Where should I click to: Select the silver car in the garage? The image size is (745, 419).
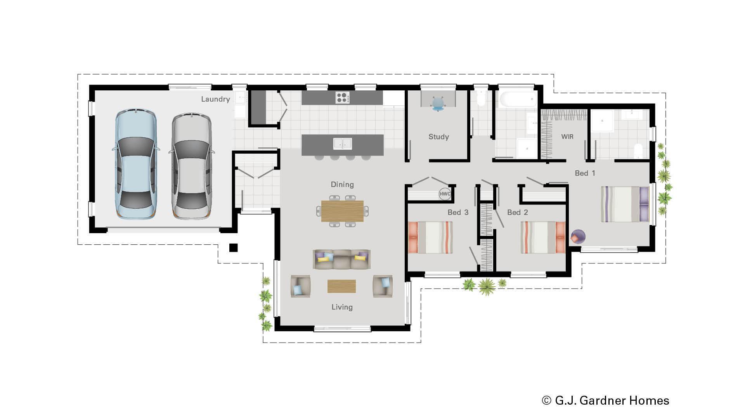tap(192, 166)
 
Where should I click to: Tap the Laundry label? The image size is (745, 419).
tap(215, 99)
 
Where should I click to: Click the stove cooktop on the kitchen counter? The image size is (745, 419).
tap(342, 97)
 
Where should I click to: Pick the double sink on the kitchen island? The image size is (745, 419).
tap(342, 144)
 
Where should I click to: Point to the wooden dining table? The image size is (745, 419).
tap(342, 211)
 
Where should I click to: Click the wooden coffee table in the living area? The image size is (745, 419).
tap(341, 286)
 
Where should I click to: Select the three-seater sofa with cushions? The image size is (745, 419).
tap(341, 260)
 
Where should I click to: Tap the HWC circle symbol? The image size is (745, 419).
tap(445, 194)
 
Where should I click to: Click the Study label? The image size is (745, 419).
tap(438, 137)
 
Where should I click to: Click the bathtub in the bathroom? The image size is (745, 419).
tap(518, 99)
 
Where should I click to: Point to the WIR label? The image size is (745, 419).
tap(567, 137)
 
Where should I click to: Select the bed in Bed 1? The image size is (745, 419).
tap(625, 204)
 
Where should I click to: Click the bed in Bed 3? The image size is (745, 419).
tap(430, 237)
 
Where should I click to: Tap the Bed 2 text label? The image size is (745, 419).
tap(517, 213)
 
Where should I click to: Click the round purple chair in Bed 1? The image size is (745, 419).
tap(577, 236)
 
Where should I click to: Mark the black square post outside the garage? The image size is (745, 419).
tap(233, 248)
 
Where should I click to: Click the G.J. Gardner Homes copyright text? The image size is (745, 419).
tap(605, 400)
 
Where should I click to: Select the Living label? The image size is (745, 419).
tap(342, 307)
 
